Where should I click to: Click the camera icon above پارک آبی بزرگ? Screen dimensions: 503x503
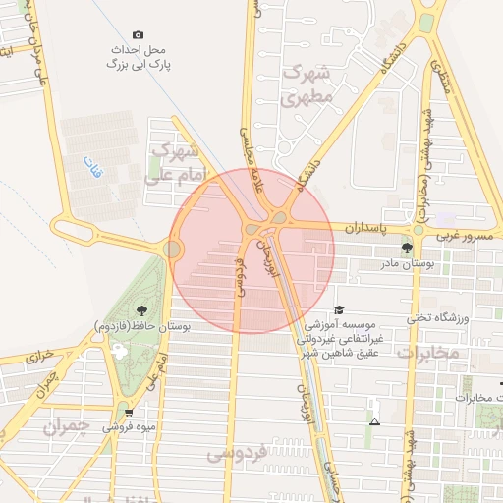click(138, 34)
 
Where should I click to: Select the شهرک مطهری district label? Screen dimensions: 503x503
click(302, 85)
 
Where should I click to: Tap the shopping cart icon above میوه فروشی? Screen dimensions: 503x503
click(129, 413)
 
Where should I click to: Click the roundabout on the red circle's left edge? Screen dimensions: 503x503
click(173, 251)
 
